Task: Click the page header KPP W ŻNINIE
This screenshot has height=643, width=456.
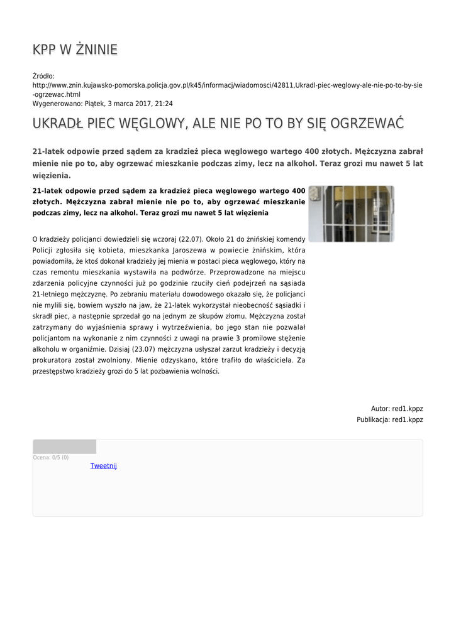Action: click(x=75, y=50)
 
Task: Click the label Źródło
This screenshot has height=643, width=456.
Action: click(x=43, y=76)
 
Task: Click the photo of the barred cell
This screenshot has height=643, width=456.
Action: click(x=351, y=213)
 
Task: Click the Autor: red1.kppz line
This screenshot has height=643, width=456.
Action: click(x=397, y=408)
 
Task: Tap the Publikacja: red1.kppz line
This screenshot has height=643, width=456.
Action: click(x=390, y=419)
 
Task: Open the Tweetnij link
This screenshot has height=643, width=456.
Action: click(x=103, y=466)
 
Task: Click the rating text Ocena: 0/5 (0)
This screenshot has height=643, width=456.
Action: click(x=51, y=457)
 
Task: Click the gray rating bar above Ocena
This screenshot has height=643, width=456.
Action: click(x=64, y=446)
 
